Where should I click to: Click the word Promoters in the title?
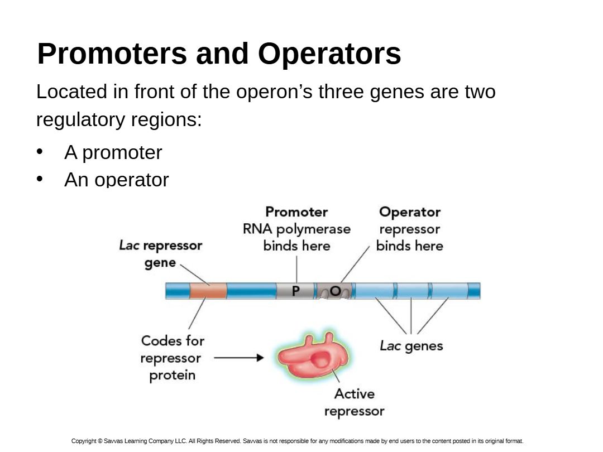tap(111, 54)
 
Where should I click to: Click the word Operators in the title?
tap(329, 54)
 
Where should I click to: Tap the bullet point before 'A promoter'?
tap(40, 152)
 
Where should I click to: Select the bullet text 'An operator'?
tap(116, 180)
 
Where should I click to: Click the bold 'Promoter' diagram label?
tap(296, 212)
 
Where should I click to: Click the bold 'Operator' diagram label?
tap(410, 212)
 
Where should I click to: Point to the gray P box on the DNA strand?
tap(295, 291)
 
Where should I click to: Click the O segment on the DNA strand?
tap(335, 291)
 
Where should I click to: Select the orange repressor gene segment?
tap(208, 291)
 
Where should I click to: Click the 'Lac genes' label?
tap(411, 346)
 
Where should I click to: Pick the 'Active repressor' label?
tap(355, 402)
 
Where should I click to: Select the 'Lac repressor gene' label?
tap(161, 254)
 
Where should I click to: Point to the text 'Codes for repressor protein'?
tap(172, 358)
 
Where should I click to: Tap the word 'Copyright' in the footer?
tap(84, 441)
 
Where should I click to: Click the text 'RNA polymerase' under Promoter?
tap(296, 229)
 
